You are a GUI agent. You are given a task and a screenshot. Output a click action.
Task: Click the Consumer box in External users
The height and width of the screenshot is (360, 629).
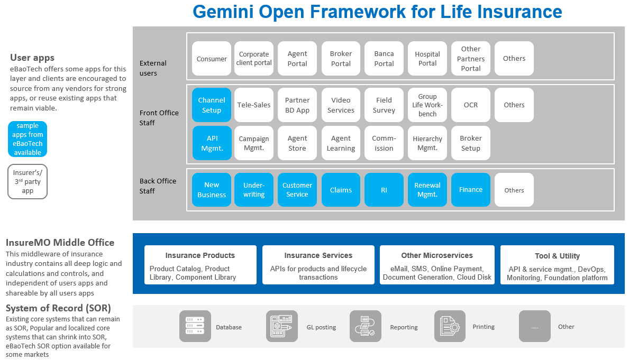pyautogui.click(x=212, y=59)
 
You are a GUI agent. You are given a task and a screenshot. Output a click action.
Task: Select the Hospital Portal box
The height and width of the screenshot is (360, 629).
pyautogui.click(x=427, y=59)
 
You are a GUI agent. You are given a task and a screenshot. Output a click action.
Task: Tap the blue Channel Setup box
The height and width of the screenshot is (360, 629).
pyautogui.click(x=212, y=105)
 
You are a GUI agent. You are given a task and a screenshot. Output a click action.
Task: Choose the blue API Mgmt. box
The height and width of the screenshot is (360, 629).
pyautogui.click(x=212, y=143)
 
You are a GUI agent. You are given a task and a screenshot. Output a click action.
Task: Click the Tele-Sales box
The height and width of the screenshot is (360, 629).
pyautogui.click(x=254, y=105)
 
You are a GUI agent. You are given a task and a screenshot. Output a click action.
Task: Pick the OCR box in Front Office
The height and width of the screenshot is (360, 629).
pyautogui.click(x=471, y=105)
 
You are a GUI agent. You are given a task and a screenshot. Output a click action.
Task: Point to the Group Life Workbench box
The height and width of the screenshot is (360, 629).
pyautogui.click(x=427, y=105)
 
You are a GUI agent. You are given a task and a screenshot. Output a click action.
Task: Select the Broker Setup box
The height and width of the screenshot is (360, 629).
pyautogui.click(x=471, y=143)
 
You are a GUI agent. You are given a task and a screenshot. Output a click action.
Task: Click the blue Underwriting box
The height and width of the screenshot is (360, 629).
pyautogui.click(x=254, y=190)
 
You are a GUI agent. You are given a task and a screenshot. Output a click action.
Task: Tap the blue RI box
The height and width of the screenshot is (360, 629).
pyautogui.click(x=384, y=190)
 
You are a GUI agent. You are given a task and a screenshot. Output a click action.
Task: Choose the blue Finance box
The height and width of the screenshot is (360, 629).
pyautogui.click(x=471, y=190)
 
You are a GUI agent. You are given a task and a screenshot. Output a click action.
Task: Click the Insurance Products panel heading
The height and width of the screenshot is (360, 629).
pyautogui.click(x=200, y=255)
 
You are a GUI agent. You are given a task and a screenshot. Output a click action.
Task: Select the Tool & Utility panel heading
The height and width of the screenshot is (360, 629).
pyautogui.click(x=557, y=256)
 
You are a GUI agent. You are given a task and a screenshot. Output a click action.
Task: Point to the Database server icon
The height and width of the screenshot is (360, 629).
pyautogui.click(x=195, y=326)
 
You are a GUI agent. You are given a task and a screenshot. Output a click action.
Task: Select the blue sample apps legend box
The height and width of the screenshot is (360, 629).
pyautogui.click(x=28, y=139)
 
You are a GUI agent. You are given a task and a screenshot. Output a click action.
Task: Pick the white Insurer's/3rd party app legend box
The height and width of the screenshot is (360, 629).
pyautogui.click(x=28, y=181)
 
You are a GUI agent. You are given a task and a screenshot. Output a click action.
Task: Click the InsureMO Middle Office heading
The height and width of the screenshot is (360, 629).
pyautogui.click(x=60, y=243)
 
